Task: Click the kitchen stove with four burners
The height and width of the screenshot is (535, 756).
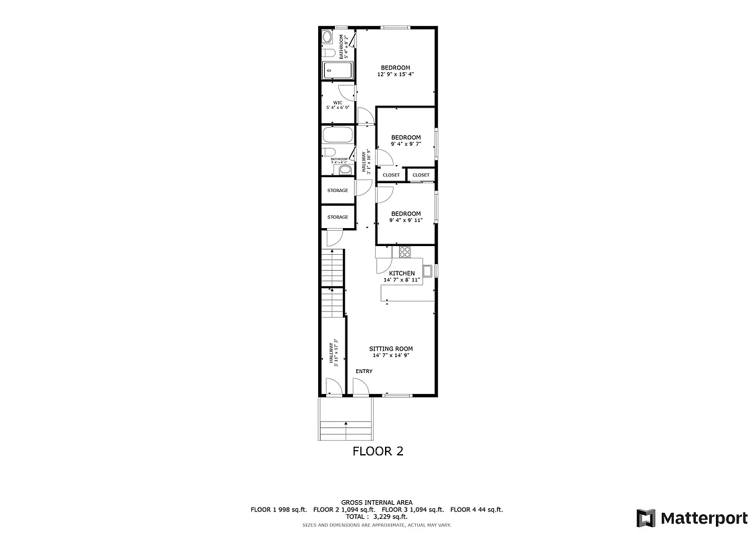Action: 404,251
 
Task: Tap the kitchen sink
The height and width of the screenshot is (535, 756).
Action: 426,271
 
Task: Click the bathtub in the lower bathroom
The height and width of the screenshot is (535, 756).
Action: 338,135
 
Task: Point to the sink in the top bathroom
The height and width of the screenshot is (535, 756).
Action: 328,36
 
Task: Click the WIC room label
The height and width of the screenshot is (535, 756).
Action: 338,102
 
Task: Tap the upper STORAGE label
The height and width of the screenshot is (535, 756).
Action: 338,191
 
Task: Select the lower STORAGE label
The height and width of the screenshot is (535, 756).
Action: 338,217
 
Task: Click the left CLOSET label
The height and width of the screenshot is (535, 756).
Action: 391,175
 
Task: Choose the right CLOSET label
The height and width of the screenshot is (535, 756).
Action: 421,175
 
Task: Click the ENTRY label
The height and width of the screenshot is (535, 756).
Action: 364,371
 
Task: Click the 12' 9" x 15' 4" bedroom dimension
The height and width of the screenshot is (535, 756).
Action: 396,74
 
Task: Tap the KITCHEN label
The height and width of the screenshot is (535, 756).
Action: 402,273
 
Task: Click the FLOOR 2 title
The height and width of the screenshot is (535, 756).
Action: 378,451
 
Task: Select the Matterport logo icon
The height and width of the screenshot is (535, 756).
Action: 645,518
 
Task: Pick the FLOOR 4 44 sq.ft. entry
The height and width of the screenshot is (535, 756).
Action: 477,510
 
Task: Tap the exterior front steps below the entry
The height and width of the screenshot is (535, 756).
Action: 346,421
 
